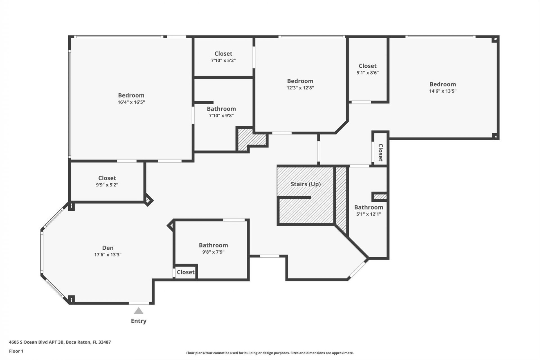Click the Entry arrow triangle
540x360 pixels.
(138, 311)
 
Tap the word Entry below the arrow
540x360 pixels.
(138, 321)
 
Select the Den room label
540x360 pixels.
(108, 248)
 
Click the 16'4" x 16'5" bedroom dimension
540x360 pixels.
(131, 102)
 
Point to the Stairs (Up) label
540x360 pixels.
(305, 184)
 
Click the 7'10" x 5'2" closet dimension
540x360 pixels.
(223, 60)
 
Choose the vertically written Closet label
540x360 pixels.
(381, 153)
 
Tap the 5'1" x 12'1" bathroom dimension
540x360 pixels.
(368, 214)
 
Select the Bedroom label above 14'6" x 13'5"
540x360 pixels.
(442, 84)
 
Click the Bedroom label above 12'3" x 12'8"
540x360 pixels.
(300, 81)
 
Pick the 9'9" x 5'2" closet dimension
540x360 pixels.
(107, 185)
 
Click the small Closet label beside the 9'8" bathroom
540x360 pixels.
(186, 272)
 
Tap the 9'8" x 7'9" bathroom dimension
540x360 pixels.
(213, 252)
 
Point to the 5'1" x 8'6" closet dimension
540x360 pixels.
(367, 73)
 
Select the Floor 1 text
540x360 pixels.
(16, 351)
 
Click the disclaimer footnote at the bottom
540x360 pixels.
(270, 353)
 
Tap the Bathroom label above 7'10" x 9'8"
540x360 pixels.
(221, 109)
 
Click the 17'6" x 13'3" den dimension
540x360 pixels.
(108, 255)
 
